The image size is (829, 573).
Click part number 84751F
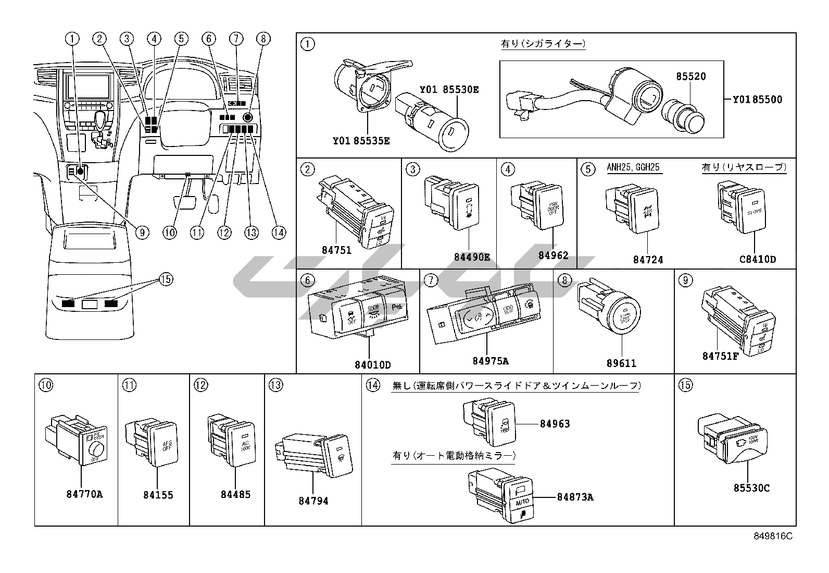(721, 357)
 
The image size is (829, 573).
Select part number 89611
(622, 363)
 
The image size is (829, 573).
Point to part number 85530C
(751, 488)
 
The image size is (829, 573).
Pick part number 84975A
(491, 361)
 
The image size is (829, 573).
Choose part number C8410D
(758, 259)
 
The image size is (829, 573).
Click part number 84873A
(575, 497)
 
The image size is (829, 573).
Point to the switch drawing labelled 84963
(501, 420)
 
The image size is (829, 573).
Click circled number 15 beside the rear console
(166, 279)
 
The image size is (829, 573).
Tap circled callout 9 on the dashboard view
(142, 233)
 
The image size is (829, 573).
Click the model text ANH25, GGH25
(633, 167)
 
